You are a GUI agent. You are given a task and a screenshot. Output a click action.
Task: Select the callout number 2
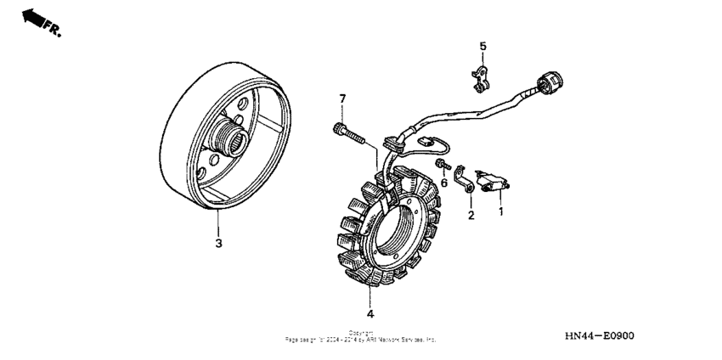[x=470, y=216]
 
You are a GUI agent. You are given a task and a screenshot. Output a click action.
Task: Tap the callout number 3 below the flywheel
[x=218, y=243]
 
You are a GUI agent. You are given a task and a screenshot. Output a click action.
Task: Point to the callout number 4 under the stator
[x=369, y=301]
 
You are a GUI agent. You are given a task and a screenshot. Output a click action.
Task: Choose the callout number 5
[x=482, y=46]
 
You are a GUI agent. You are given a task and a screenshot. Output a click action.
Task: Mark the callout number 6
[x=443, y=182]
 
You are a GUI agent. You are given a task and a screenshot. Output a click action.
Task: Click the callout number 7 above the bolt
[x=343, y=100]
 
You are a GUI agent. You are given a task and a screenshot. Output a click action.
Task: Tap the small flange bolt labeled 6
[x=441, y=164]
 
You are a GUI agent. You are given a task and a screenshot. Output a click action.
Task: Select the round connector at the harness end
[x=549, y=82]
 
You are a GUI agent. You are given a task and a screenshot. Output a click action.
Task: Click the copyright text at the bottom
[x=361, y=336]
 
